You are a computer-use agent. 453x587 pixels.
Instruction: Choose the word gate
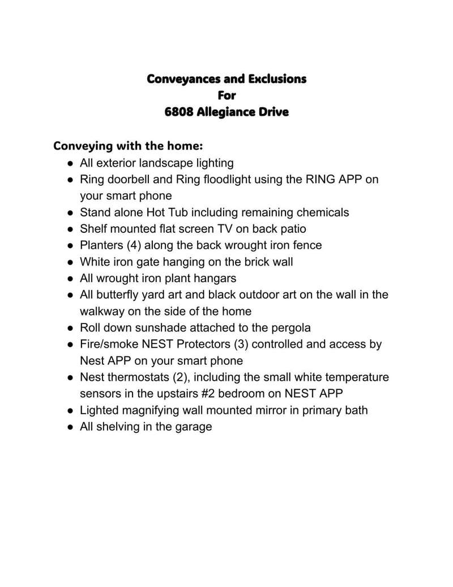pos(149,262)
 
